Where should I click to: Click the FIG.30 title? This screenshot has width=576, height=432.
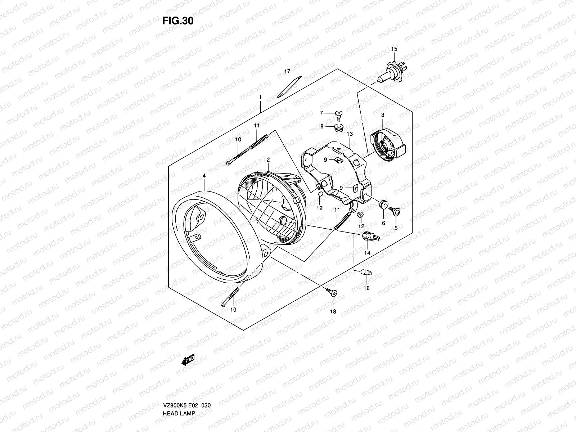[178, 21]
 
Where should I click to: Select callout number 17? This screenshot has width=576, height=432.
[287, 72]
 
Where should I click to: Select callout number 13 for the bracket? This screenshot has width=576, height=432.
[350, 134]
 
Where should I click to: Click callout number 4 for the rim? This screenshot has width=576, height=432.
[204, 176]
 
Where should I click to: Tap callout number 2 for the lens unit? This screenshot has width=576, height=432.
[268, 159]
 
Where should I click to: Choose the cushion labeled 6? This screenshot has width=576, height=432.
[383, 205]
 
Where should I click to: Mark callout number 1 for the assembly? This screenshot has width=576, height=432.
[260, 98]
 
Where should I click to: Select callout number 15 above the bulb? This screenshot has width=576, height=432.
[394, 49]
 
